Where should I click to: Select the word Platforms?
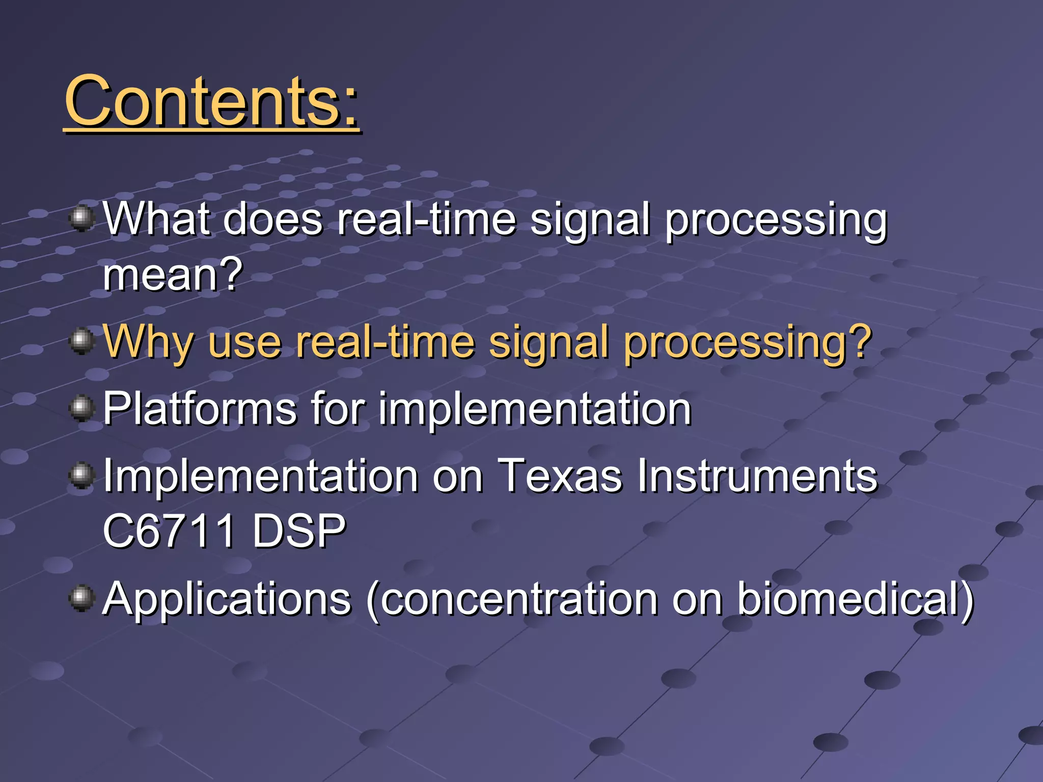pyautogui.click(x=200, y=408)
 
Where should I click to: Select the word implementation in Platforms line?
pyautogui.click(x=534, y=409)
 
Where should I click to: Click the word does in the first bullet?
pyautogui.click(x=272, y=219)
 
